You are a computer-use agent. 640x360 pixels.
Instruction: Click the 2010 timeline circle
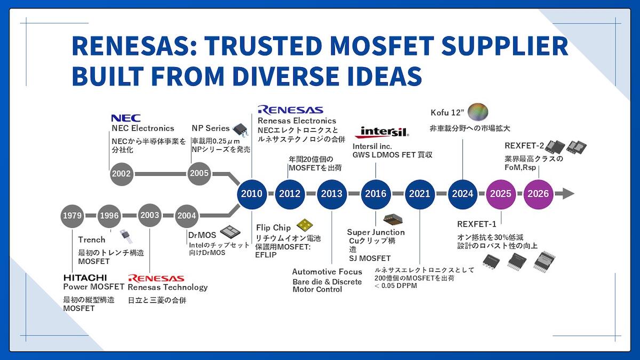(x=251, y=194)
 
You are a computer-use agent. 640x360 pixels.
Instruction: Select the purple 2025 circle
(x=501, y=194)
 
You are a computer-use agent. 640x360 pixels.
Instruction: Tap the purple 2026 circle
(x=538, y=194)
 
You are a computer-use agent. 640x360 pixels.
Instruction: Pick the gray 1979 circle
(x=73, y=215)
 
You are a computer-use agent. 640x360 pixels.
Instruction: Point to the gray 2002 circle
(x=122, y=174)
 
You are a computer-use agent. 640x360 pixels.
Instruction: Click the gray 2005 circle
(x=199, y=173)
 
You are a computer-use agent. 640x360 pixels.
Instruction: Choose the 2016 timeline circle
(x=375, y=194)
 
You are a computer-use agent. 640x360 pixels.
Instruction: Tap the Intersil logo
(x=382, y=132)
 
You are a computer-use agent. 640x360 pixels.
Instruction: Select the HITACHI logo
(x=85, y=278)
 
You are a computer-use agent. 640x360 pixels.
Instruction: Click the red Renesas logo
(x=156, y=278)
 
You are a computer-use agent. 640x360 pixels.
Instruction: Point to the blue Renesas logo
(x=290, y=110)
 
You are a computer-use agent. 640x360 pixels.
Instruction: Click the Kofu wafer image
(x=478, y=111)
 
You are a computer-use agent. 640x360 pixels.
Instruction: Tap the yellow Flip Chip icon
(x=305, y=225)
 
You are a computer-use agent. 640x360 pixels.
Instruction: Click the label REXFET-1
(x=477, y=225)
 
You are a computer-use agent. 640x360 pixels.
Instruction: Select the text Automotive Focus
(x=327, y=271)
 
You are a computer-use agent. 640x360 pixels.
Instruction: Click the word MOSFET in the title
(x=382, y=46)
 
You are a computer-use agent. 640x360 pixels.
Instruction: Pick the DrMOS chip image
(x=230, y=232)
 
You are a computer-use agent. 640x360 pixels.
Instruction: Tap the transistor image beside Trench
(x=126, y=236)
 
